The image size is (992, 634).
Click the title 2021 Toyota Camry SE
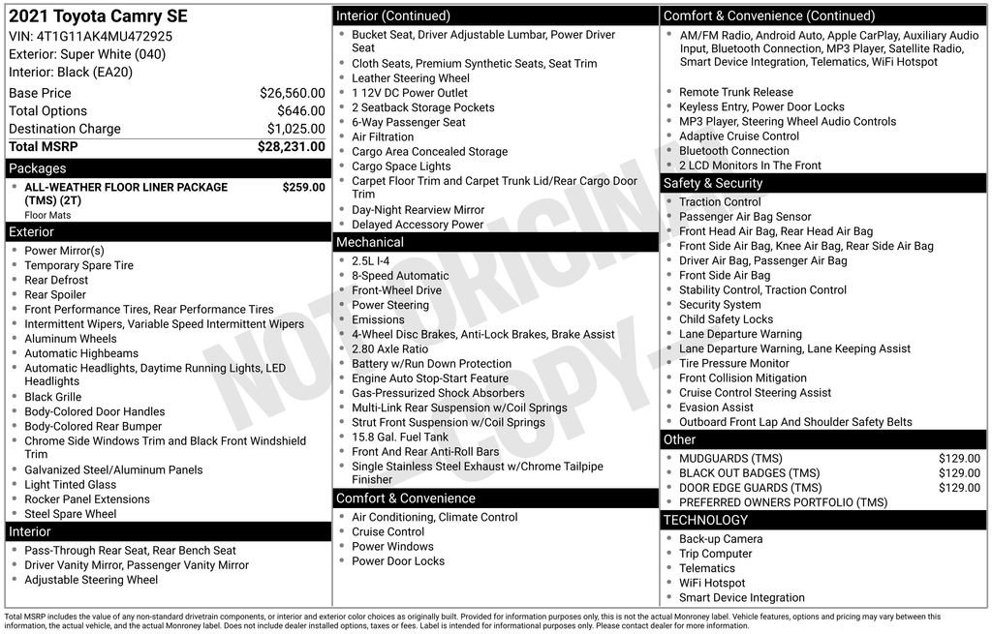coord(98,16)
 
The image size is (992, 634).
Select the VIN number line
coord(91,37)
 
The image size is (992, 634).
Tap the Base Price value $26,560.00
coord(292,93)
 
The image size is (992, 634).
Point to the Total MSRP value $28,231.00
coord(291,147)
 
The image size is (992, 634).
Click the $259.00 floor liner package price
coord(303,187)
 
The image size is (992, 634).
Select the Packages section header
coord(38,168)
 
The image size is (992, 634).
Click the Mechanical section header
coord(370,242)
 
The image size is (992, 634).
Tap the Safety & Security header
coord(713,183)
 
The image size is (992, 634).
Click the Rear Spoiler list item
coord(55,294)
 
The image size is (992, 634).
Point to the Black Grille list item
coord(53,397)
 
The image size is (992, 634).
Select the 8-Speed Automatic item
coord(400,276)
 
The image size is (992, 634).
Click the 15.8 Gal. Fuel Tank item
coord(400,437)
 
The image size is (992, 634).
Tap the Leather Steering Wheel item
coord(411,78)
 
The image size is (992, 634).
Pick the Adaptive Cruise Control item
coord(739,136)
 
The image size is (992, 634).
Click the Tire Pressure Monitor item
coord(734,363)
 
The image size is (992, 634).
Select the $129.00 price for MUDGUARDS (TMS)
coord(959,459)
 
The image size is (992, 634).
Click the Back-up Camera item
coord(721,539)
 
